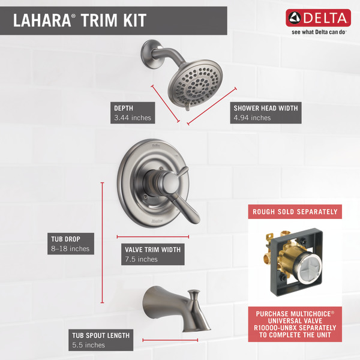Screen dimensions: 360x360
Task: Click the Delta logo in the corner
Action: coord(318,17)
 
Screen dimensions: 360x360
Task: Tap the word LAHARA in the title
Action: coord(42,20)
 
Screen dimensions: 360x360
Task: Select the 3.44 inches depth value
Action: coord(133,118)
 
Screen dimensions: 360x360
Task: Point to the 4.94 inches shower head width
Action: coord(252,118)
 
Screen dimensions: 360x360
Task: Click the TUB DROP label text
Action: coord(65,239)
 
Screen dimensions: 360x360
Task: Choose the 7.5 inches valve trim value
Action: coord(141,259)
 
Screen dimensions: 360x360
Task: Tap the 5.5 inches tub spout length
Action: coord(88,345)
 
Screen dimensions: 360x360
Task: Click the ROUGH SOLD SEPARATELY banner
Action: coord(295,212)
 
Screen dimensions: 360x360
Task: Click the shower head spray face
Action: coord(196,85)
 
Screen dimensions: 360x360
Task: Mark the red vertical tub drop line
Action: coord(102,242)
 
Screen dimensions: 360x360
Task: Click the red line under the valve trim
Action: coord(152,237)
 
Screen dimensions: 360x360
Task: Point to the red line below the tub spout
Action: coord(170,340)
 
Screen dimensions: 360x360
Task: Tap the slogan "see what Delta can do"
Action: coord(319,32)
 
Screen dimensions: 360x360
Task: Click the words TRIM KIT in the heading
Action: coord(113,20)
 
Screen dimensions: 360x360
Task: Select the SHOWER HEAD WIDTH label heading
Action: coord(266,108)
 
